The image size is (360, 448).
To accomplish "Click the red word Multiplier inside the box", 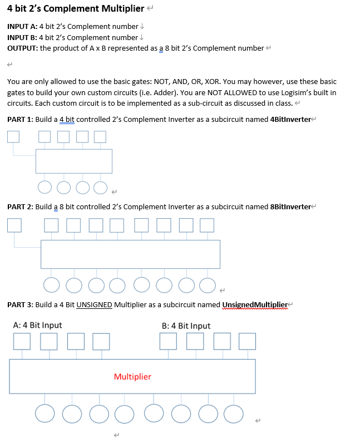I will (x=132, y=377).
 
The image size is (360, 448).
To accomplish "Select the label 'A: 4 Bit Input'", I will (x=37, y=326).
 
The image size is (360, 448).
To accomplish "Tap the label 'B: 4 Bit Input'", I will (x=186, y=326).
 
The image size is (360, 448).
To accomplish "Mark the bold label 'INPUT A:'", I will (x=22, y=26).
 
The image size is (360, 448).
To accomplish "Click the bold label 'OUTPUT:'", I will (x=22, y=48).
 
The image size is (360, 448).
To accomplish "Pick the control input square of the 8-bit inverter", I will (x=14, y=224).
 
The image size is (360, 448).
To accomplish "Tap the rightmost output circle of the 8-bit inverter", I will (x=207, y=285).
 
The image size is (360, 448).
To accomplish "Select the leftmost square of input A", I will (x=22, y=341).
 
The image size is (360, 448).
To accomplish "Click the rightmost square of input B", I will (x=248, y=341).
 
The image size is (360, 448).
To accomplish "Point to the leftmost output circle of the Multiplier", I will (x=45, y=413).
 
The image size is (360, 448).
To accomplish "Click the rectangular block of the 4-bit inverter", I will (x=74, y=161).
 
